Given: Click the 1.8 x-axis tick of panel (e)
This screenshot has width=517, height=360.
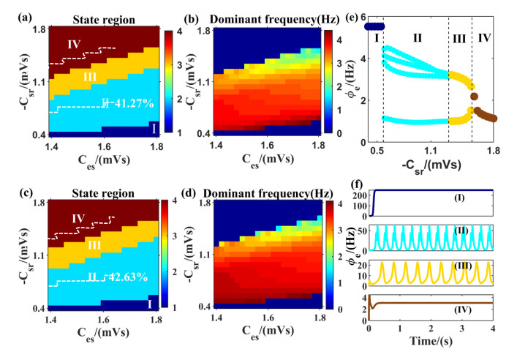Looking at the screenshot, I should click(494, 151).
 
